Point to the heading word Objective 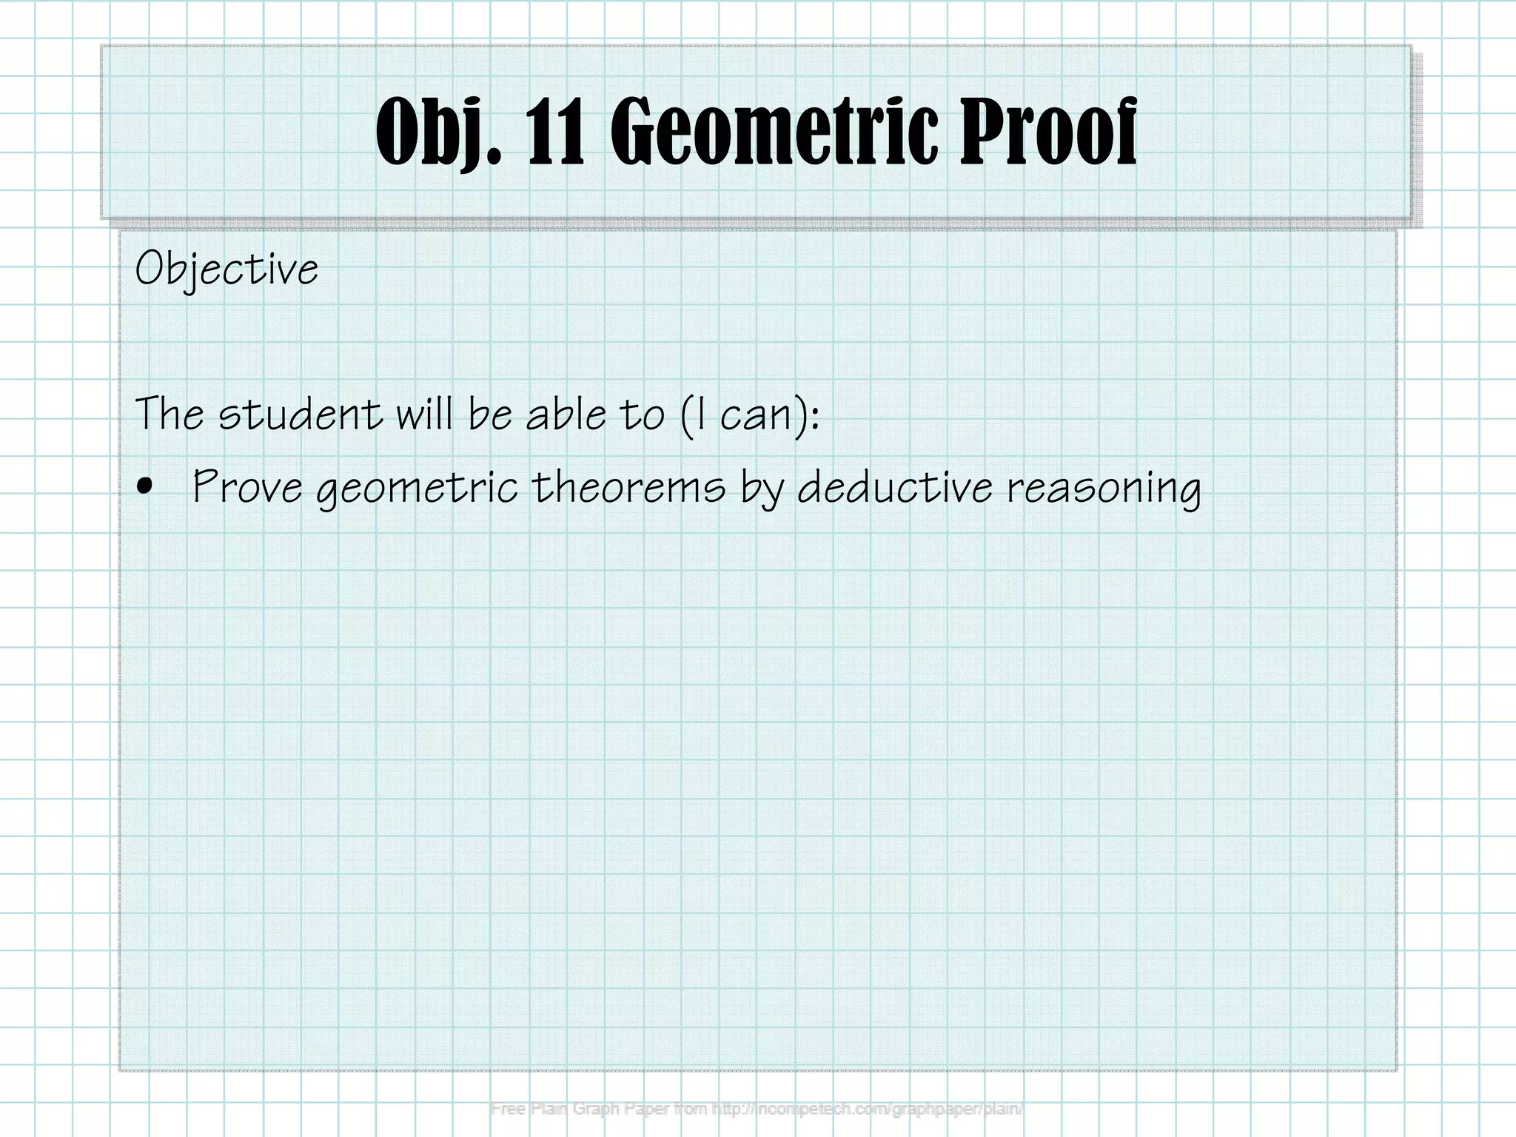tap(227, 269)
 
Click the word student tap(300, 414)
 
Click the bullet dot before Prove tap(146, 486)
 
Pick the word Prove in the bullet tap(246, 488)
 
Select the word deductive tap(894, 488)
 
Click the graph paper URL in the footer tap(868, 1109)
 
